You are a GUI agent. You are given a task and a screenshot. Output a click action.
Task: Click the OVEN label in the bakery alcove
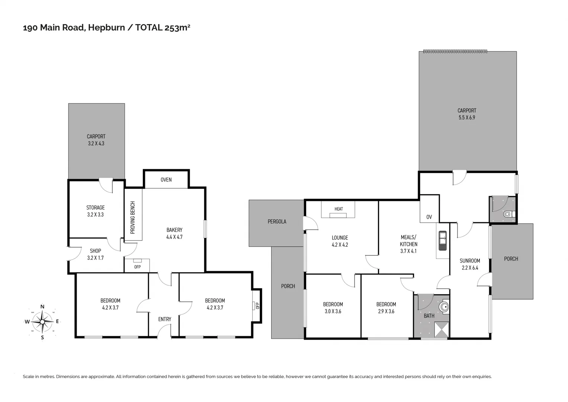[x=166, y=180]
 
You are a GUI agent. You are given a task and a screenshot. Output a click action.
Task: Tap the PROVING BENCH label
[x=133, y=217]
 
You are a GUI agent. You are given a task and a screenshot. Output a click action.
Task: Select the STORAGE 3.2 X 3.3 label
[x=95, y=211]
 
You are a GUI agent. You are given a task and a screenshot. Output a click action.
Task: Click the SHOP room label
[x=95, y=251]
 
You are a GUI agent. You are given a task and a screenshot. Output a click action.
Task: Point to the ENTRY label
[x=164, y=319]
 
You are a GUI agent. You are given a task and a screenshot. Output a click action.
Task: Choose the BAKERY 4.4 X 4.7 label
[x=174, y=233]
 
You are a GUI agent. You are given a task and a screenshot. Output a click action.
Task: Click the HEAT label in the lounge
[x=338, y=209]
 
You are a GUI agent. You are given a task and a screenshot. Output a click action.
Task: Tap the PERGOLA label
[x=277, y=221]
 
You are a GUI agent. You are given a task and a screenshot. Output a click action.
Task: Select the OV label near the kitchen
[x=429, y=217]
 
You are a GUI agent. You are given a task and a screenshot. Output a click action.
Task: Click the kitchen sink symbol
[x=443, y=240]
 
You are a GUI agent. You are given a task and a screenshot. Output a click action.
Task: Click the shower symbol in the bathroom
[x=442, y=329]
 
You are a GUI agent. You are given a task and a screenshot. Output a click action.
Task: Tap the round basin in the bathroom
[x=444, y=307]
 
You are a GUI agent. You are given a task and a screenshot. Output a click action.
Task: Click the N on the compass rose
[x=42, y=307]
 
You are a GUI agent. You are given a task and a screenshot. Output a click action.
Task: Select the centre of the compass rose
[x=42, y=322]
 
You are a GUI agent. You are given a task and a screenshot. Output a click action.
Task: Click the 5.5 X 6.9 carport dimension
[x=466, y=118]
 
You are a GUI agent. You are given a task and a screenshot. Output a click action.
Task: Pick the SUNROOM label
[x=470, y=261]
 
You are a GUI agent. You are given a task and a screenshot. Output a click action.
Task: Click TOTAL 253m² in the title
[x=163, y=28]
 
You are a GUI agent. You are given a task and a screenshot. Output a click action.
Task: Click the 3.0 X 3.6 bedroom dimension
[x=333, y=312]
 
